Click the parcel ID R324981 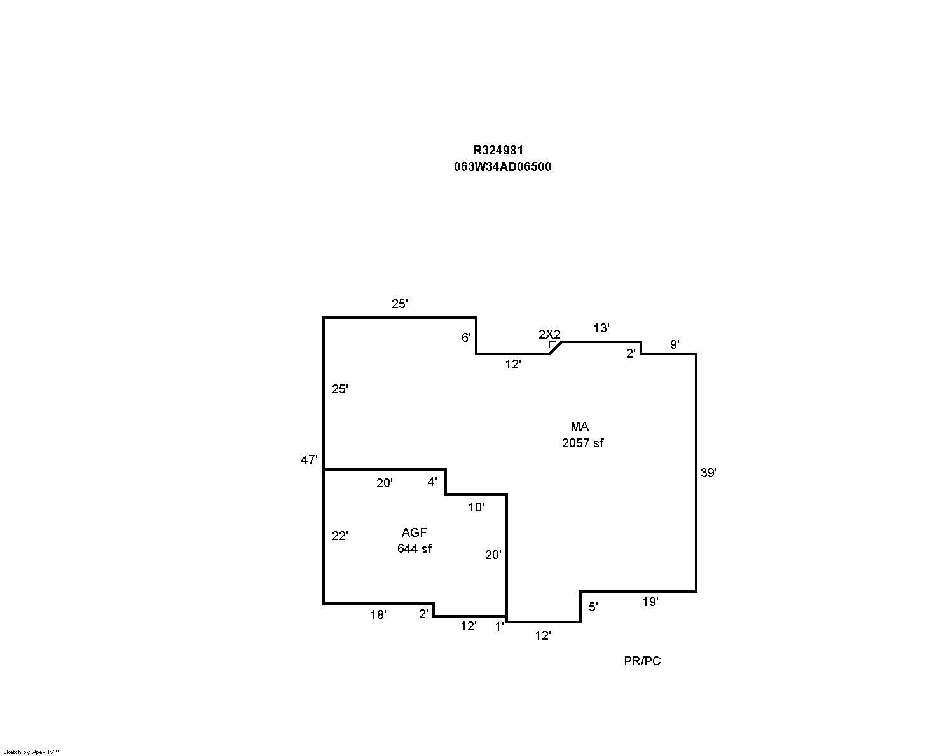point(498,150)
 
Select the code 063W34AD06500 point(502,166)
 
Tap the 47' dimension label point(309,459)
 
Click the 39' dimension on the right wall point(709,473)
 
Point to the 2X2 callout point(549,334)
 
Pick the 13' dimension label point(601,328)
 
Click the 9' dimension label point(675,344)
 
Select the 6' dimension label point(466,337)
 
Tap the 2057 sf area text point(583,443)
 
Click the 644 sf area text point(415,548)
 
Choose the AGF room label point(414,532)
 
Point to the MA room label point(579,426)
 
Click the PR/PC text point(642,661)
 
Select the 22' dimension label point(339,536)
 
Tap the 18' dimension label point(378,614)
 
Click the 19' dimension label point(650,602)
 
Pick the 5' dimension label point(593,607)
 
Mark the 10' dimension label point(476,508)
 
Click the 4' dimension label point(432,482)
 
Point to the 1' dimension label point(499,627)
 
